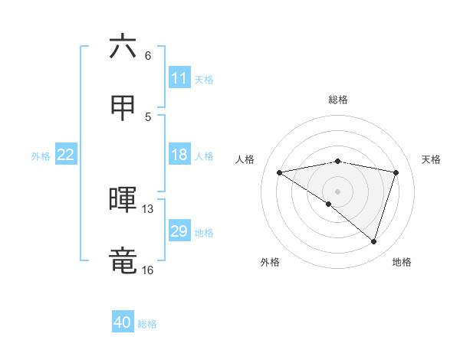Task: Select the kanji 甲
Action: pyautogui.click(x=123, y=108)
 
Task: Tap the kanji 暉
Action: pyautogui.click(x=123, y=199)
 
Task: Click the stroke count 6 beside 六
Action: pyautogui.click(x=148, y=56)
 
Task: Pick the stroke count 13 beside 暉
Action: pyautogui.click(x=148, y=208)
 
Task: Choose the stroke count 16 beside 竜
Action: pyautogui.click(x=147, y=270)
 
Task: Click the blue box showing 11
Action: pyautogui.click(x=179, y=78)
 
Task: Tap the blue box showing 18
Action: pyautogui.click(x=179, y=155)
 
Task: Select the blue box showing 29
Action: pyautogui.click(x=179, y=231)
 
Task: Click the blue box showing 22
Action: pyautogui.click(x=66, y=155)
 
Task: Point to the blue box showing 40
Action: pyautogui.click(x=123, y=322)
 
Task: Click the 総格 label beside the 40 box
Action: pyautogui.click(x=147, y=324)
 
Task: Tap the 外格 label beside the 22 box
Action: pyautogui.click(x=41, y=156)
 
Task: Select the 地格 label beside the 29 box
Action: pyautogui.click(x=204, y=233)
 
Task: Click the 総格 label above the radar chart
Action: pyautogui.click(x=338, y=100)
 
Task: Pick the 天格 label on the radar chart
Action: pyautogui.click(x=431, y=159)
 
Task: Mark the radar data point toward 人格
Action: pyautogui.click(x=280, y=172)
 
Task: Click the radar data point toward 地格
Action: pyautogui.click(x=373, y=241)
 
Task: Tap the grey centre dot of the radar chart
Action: pyautogui.click(x=337, y=191)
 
